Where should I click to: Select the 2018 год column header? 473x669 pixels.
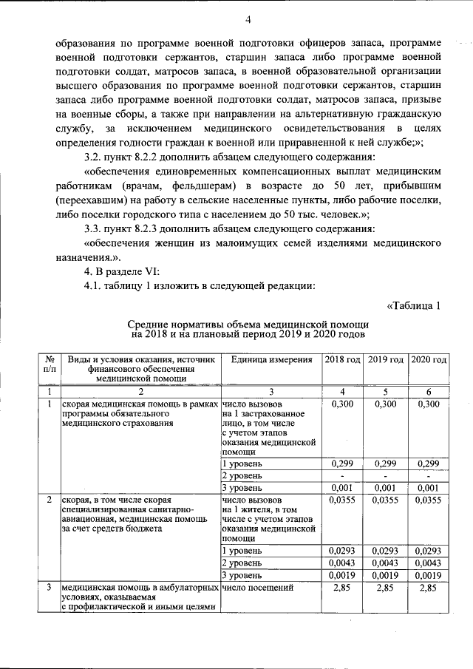click(x=341, y=359)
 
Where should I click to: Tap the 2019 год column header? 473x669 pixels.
click(x=386, y=359)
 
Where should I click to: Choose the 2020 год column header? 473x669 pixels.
click(x=429, y=359)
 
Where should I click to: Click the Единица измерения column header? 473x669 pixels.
click(x=271, y=359)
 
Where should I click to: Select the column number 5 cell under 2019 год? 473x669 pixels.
click(x=386, y=391)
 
